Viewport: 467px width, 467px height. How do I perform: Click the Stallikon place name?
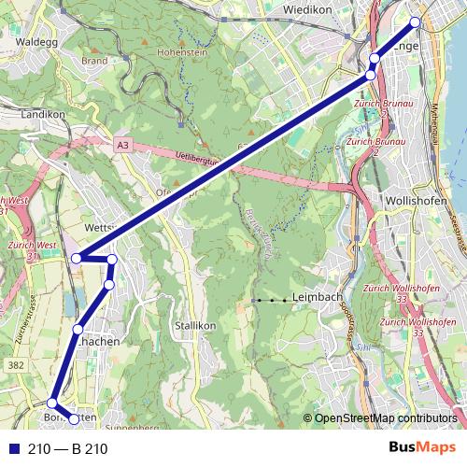(194, 326)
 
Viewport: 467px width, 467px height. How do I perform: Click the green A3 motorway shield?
(124, 146)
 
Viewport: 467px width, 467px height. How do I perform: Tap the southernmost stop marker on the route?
(75, 417)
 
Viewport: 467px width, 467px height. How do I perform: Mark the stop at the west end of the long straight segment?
(78, 259)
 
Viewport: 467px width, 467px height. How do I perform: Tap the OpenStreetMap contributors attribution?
(386, 417)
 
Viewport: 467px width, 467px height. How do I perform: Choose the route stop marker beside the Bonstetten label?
(52, 403)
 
